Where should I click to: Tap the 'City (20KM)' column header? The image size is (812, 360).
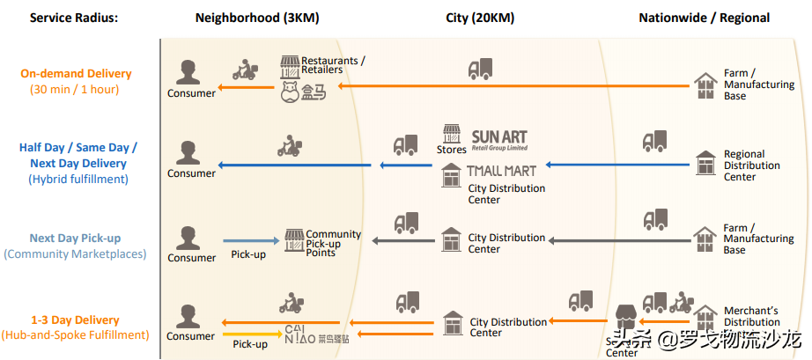tap(480, 18)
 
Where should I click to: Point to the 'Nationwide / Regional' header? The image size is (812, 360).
tap(704, 18)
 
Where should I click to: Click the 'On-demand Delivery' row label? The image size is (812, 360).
tap(76, 74)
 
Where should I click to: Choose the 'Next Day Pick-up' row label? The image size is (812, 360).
tap(75, 238)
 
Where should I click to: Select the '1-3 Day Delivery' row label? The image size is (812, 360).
tap(75, 320)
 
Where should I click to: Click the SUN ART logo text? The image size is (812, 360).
tap(499, 137)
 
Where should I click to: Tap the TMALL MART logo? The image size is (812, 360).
tap(502, 171)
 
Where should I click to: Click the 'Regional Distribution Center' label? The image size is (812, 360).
tap(751, 165)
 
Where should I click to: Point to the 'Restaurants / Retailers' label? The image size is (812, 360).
tap(333, 65)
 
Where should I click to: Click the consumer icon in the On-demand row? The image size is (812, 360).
tap(186, 73)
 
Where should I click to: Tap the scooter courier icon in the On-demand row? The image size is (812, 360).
tap(244, 70)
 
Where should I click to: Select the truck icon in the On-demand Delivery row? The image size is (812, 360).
tap(480, 69)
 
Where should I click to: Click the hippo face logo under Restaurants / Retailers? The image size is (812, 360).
tap(291, 92)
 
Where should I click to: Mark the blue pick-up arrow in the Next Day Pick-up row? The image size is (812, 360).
tap(250, 240)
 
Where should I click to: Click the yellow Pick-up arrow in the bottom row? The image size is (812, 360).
tap(249, 334)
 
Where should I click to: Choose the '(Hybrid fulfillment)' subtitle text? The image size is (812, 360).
tap(78, 179)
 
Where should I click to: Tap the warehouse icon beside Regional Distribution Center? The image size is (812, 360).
tap(705, 163)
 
